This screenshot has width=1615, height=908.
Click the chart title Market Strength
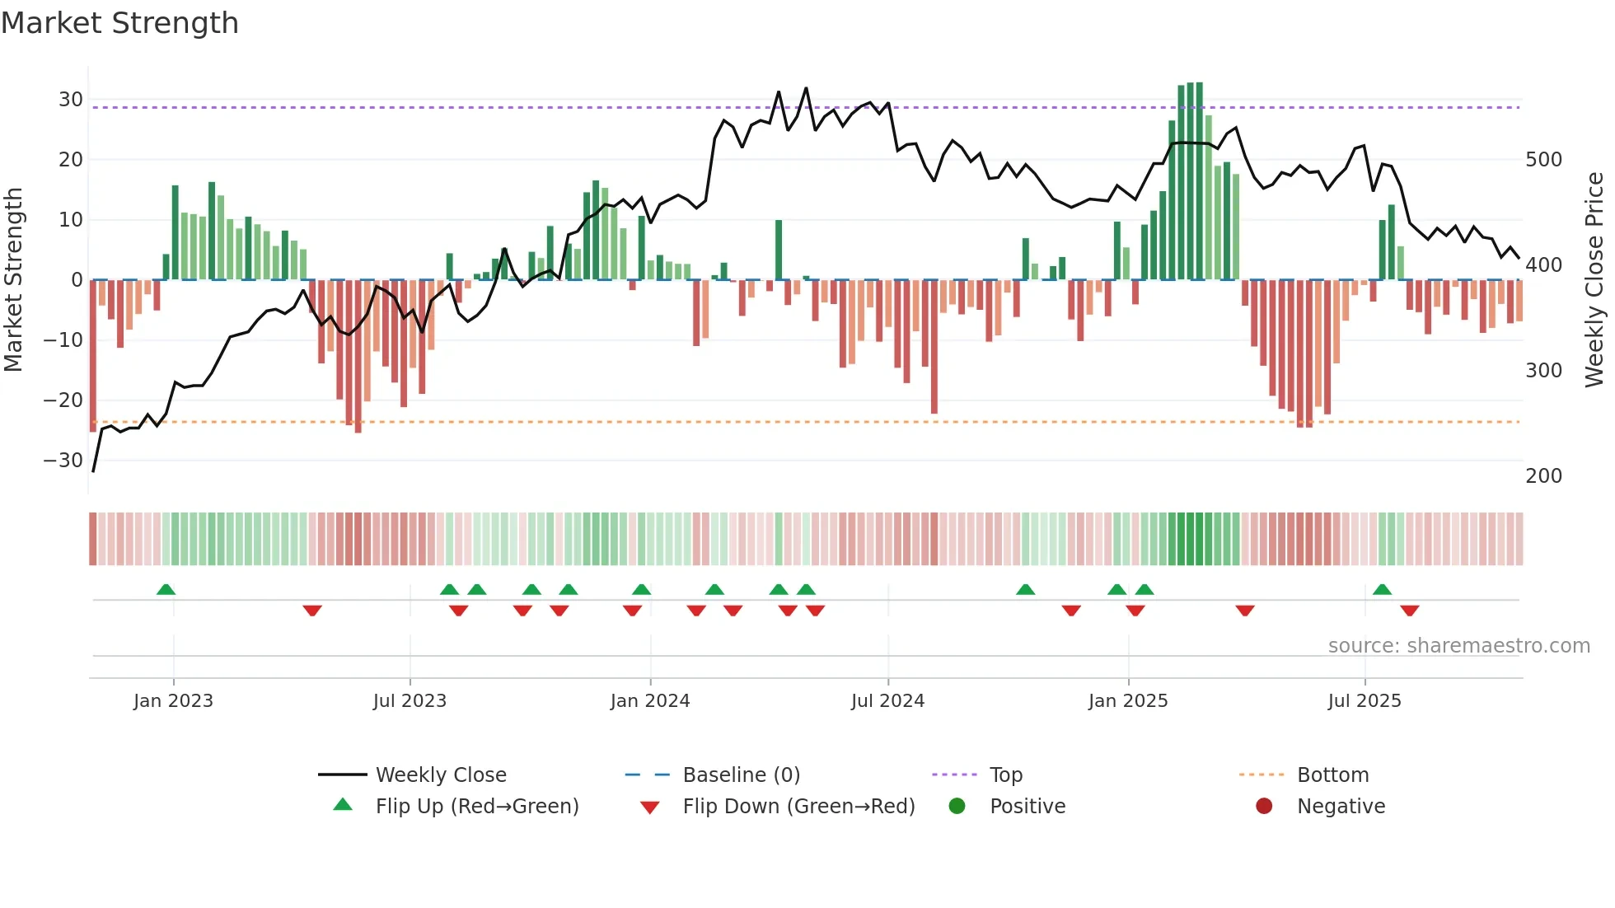(119, 23)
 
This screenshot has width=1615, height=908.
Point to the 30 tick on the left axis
(71, 100)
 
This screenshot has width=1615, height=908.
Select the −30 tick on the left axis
(63, 461)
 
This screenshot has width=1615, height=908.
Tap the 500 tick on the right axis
(1543, 160)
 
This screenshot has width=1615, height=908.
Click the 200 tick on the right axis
(1543, 476)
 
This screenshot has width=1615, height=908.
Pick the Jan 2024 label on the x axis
(649, 701)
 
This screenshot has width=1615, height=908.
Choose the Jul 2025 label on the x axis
(1364, 701)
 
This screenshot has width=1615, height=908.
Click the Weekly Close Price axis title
(1594, 280)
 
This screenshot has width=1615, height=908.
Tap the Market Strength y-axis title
(13, 280)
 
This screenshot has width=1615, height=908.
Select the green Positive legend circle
(957, 806)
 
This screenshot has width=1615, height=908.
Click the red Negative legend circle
(1264, 806)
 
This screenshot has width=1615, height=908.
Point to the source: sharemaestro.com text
(1458, 646)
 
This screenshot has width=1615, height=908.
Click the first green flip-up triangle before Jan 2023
(166, 590)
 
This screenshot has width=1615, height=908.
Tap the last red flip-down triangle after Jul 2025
(1409, 611)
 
